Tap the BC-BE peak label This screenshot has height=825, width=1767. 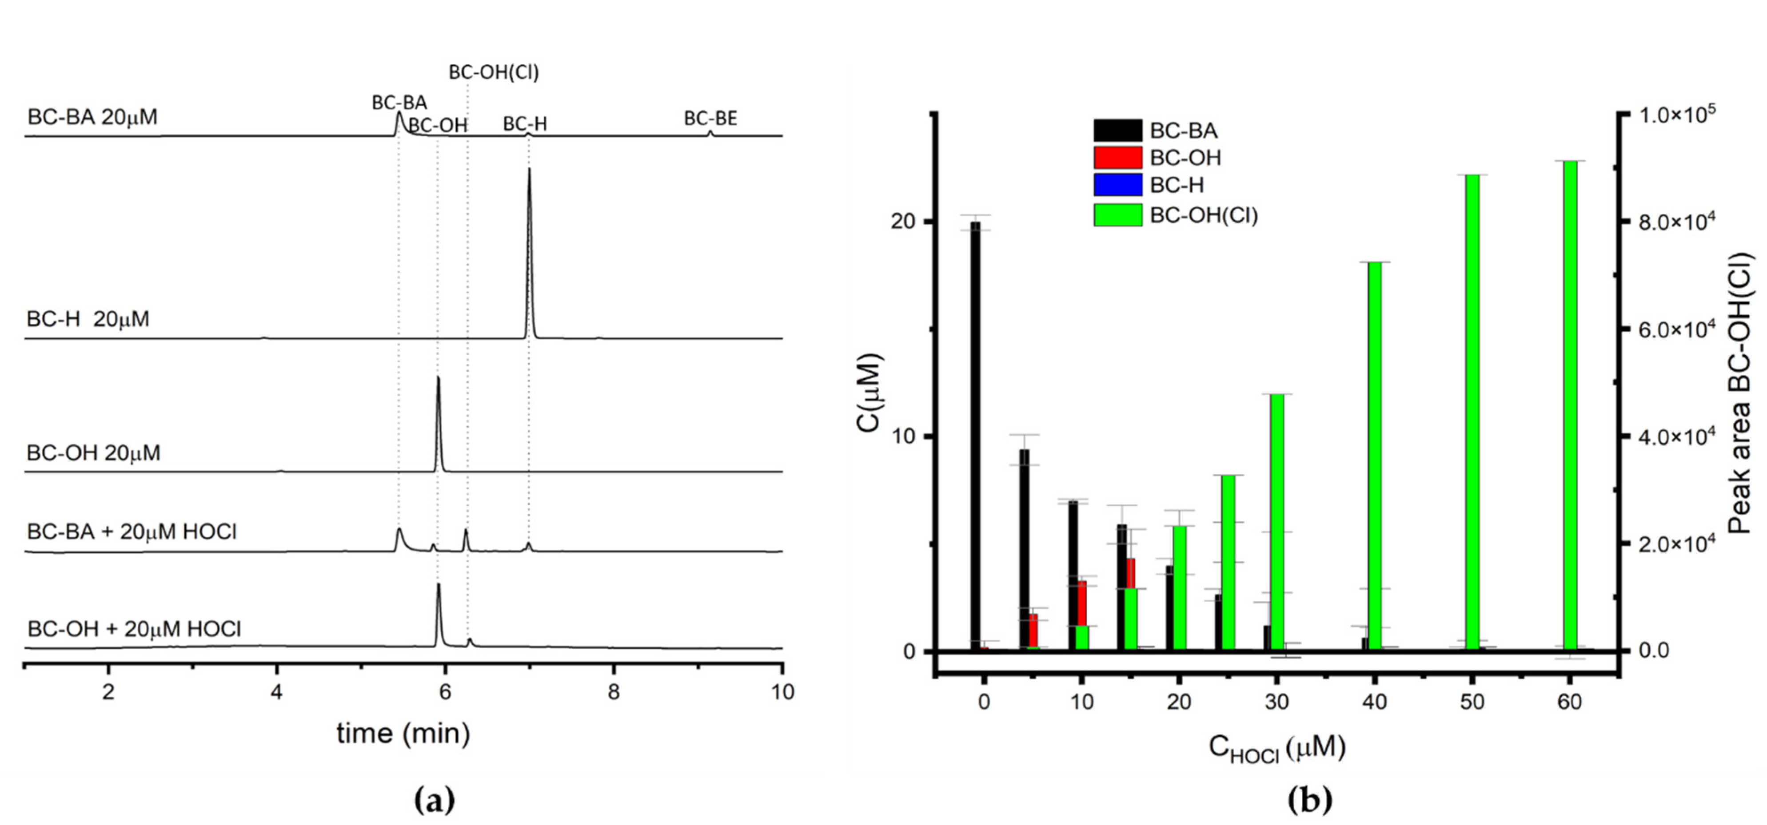pyautogui.click(x=710, y=119)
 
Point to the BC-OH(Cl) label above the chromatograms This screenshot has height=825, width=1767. pyautogui.click(x=494, y=72)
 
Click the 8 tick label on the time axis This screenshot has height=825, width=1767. pyautogui.click(x=613, y=692)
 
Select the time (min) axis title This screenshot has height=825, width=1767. pyautogui.click(x=403, y=733)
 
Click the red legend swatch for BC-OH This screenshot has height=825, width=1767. pyautogui.click(x=1117, y=158)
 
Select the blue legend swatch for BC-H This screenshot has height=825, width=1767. pyautogui.click(x=1117, y=185)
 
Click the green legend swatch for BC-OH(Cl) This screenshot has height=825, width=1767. pyautogui.click(x=1117, y=214)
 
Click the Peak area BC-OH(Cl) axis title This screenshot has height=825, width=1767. pyautogui.click(x=1739, y=391)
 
